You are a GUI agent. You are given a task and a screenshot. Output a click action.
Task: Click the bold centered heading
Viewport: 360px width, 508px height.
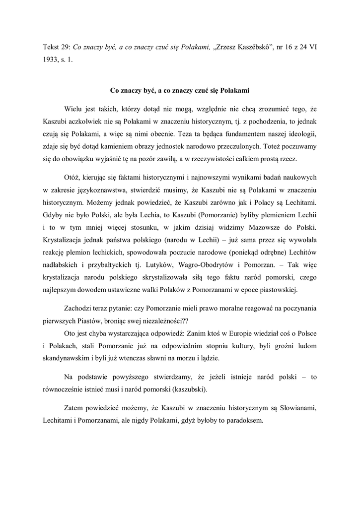coord(179,91)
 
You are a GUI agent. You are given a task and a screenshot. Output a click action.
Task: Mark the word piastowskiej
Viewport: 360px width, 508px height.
coord(279,293)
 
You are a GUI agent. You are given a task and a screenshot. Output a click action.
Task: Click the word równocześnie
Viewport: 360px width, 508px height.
coord(64,389)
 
